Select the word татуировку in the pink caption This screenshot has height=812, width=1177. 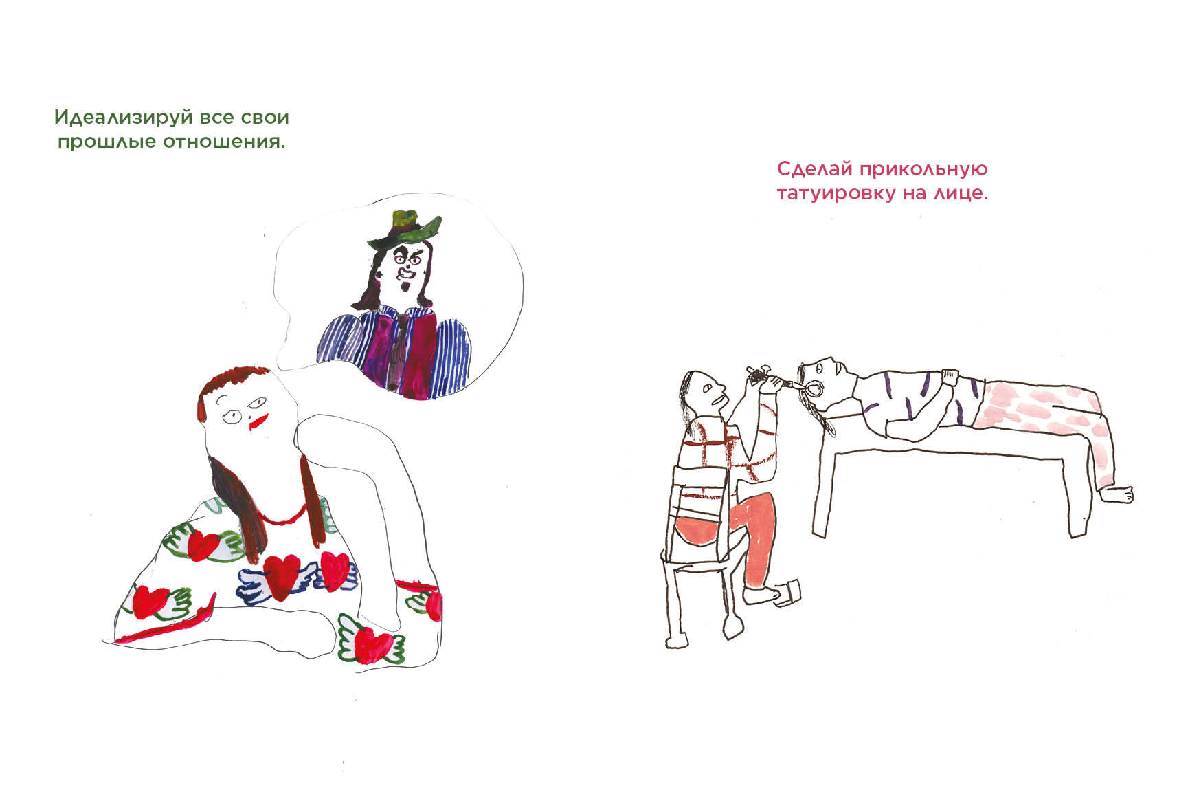pyautogui.click(x=836, y=194)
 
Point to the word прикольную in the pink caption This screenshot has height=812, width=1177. pyautogui.click(x=923, y=169)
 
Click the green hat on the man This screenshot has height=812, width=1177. pyautogui.click(x=403, y=230)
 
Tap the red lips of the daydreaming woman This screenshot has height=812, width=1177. pyautogui.click(x=258, y=421)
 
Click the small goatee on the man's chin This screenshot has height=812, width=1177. pyautogui.click(x=405, y=287)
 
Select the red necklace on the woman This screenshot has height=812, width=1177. pyautogui.click(x=282, y=517)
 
